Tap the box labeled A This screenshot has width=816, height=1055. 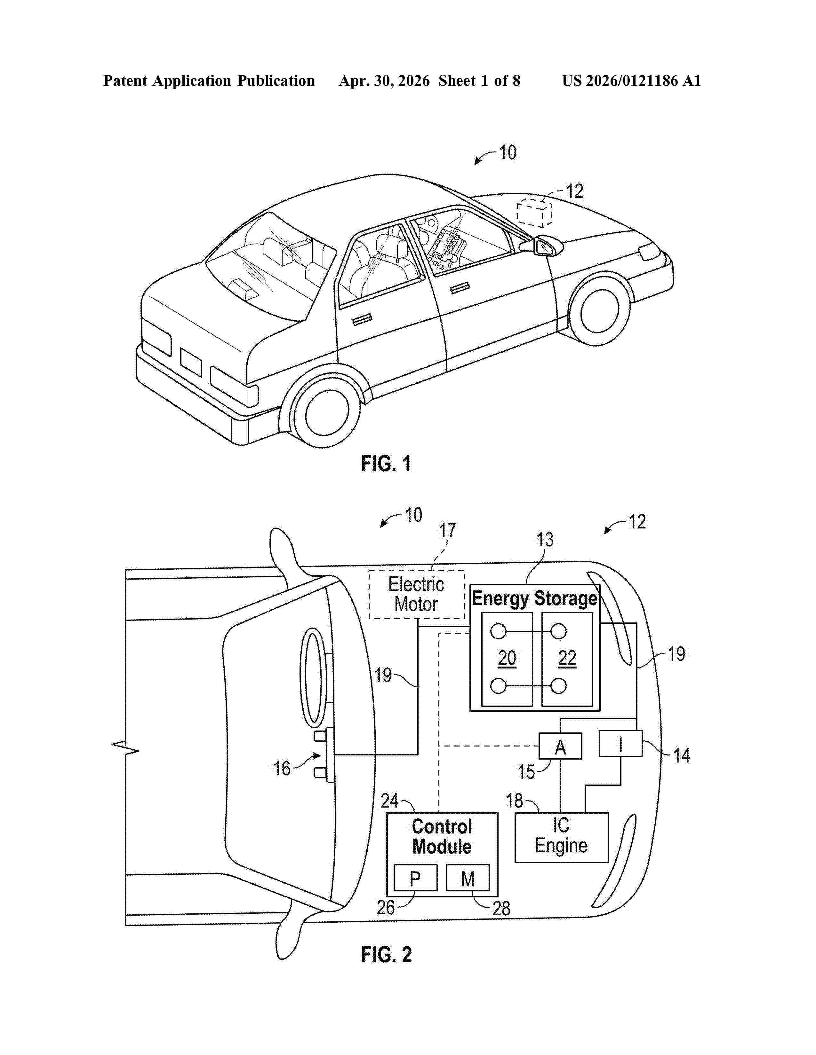pos(560,746)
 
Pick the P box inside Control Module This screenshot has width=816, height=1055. pos(415,878)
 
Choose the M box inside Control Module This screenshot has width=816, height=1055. pos(468,878)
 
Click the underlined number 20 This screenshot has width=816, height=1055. pos(507,658)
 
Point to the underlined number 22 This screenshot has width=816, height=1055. pos(567,658)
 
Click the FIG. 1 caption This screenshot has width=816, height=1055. pos(386,464)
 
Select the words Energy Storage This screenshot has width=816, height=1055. pos(535,598)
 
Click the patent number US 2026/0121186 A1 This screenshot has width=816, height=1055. pos(631,81)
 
